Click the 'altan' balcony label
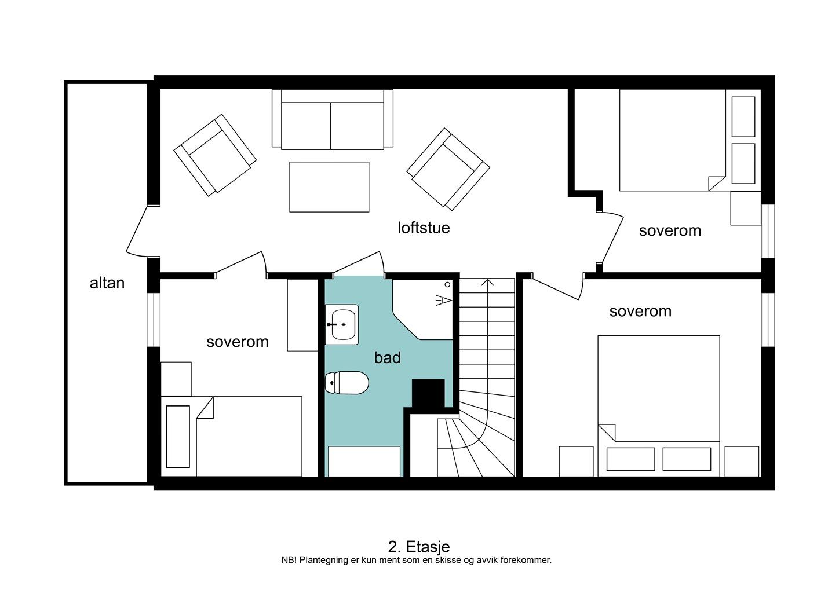point(107,283)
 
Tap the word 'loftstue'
point(424,228)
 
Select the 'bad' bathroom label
point(387,357)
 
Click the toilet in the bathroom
point(347,383)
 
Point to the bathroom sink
point(342,324)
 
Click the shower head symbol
point(444,300)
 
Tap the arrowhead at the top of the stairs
point(487,282)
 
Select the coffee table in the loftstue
point(329,187)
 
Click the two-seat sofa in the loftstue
point(333,119)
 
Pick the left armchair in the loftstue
point(215,155)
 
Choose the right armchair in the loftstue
point(448,169)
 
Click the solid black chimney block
point(428,393)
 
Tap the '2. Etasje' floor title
point(419,547)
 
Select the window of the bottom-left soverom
point(154,320)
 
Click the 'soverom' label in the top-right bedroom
point(670,230)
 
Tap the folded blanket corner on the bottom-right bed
point(607,433)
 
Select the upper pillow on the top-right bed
point(743,117)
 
